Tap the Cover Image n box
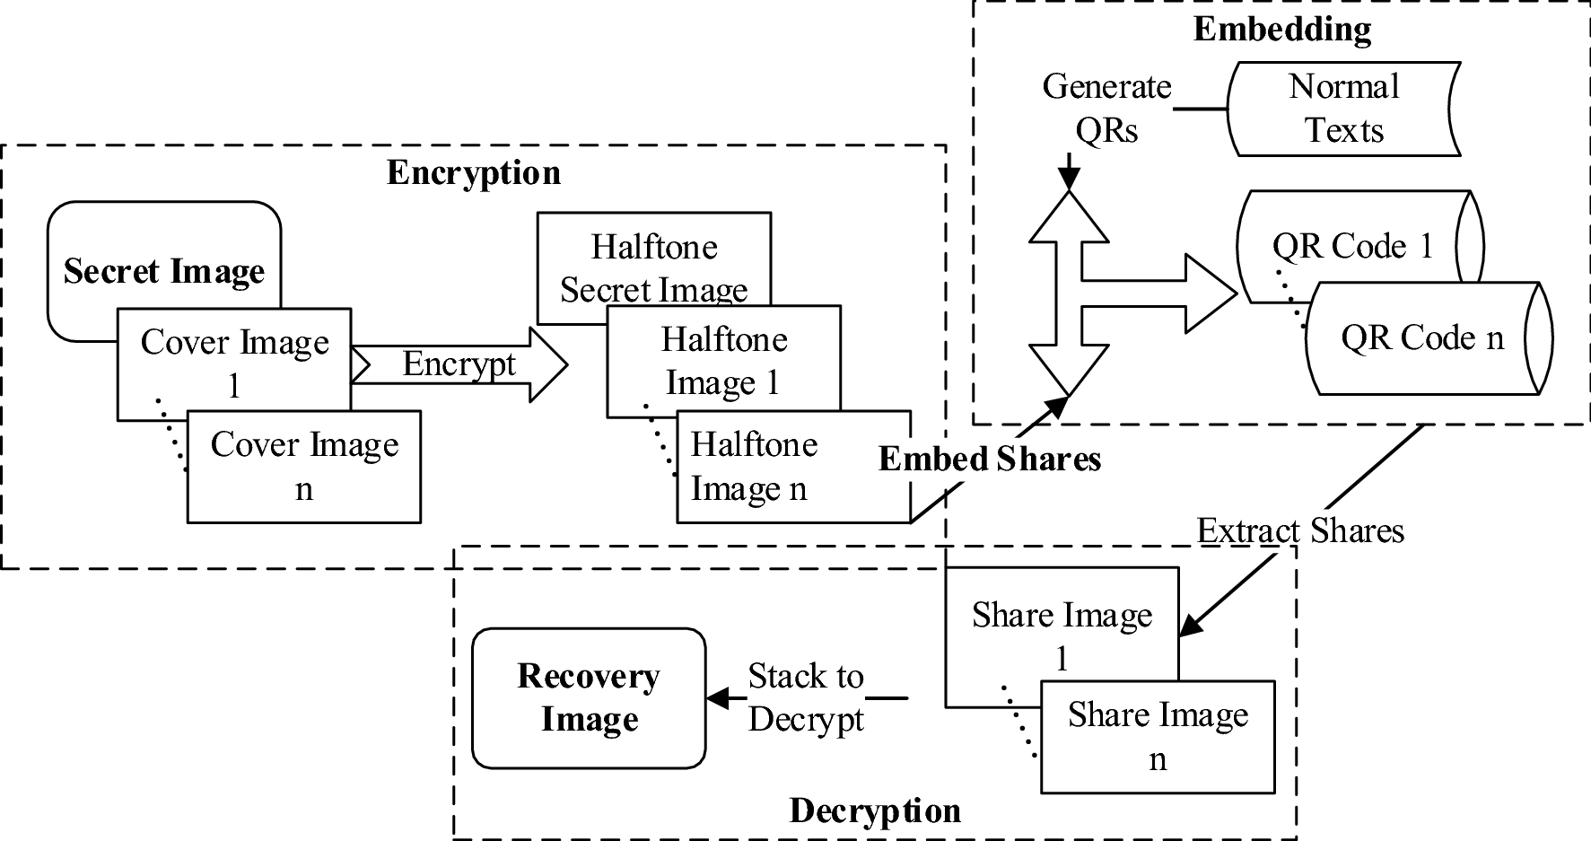[x=304, y=467]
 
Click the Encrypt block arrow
[x=459, y=364]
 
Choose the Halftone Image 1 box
[x=723, y=361]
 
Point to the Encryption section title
[x=473, y=172]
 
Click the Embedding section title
[x=1281, y=29]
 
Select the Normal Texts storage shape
[x=1343, y=109]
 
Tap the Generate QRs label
[x=1106, y=109]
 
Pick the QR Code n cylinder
[x=1422, y=338]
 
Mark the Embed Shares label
[x=989, y=459]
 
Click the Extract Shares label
[x=1299, y=530]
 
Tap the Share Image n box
[x=1158, y=737]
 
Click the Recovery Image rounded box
[x=589, y=697]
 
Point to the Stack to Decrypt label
[x=805, y=697]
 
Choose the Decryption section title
[x=875, y=810]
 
